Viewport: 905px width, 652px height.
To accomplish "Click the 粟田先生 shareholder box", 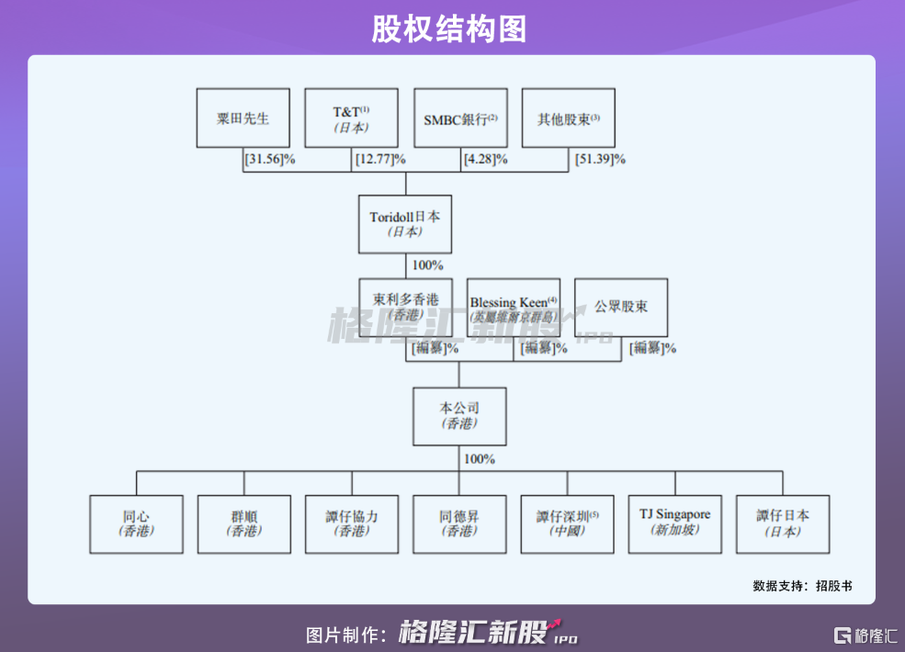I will (x=243, y=118).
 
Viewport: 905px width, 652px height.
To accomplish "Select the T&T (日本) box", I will (x=351, y=118).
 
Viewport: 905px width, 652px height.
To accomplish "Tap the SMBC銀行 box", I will (x=459, y=118).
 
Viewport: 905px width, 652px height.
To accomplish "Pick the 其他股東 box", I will (x=568, y=118).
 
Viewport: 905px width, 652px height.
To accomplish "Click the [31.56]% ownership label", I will (x=269, y=159).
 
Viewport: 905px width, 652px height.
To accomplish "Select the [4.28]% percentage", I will (x=484, y=159).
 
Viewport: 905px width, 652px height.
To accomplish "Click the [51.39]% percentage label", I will (x=600, y=159).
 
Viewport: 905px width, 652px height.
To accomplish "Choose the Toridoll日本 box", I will (x=405, y=223).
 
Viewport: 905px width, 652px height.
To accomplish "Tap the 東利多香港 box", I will (x=405, y=307).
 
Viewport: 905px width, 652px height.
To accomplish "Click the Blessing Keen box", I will (x=514, y=307).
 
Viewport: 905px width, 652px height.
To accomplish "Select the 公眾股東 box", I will (x=621, y=307).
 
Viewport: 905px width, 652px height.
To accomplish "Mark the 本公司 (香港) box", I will (x=459, y=416).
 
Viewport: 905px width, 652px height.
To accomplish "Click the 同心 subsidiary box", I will (x=136, y=524).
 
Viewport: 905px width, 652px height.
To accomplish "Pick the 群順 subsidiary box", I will (x=243, y=524).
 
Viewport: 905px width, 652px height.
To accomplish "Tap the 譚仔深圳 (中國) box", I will (x=567, y=524).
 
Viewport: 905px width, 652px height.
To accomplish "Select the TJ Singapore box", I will (x=674, y=524).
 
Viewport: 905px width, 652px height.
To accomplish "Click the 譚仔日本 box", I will (x=783, y=524).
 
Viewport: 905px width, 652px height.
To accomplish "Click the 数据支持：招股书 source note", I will (x=802, y=585).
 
